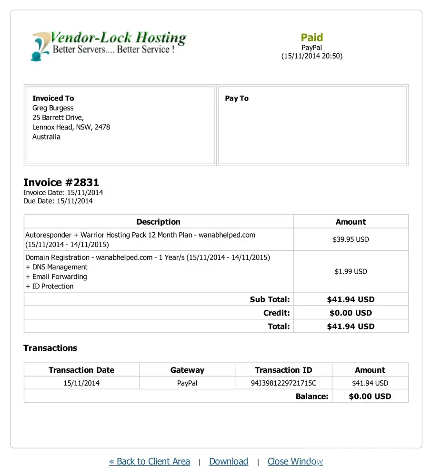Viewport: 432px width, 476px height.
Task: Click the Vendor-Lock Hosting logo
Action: [x=109, y=45]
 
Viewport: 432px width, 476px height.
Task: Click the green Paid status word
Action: [x=311, y=38]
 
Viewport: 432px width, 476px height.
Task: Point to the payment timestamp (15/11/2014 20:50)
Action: [x=311, y=56]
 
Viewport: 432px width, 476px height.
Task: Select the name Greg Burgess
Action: [x=53, y=108]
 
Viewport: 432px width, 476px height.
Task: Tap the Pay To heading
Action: [x=237, y=99]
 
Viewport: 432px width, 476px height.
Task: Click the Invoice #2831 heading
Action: [x=61, y=183]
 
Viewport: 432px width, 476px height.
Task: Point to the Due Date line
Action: [x=58, y=201]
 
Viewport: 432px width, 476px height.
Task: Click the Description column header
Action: [x=158, y=222]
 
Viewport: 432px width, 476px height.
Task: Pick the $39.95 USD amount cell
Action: [x=351, y=239]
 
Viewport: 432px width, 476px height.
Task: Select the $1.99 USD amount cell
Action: [x=351, y=271]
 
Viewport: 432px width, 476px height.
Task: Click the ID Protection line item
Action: [x=50, y=286]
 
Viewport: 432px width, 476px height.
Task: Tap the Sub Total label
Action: [x=270, y=299]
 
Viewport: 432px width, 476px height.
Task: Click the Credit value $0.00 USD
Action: [x=351, y=313]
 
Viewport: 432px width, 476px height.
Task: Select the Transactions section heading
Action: [x=50, y=348]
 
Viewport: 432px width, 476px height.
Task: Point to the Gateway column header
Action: [x=187, y=370]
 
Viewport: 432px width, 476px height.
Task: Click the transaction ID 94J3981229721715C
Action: [x=283, y=383]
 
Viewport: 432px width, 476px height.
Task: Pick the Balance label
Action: [x=311, y=396]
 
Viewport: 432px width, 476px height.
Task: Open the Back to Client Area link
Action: [x=150, y=461]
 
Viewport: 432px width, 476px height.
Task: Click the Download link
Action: [x=229, y=461]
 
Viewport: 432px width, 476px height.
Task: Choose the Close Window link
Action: [x=295, y=461]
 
